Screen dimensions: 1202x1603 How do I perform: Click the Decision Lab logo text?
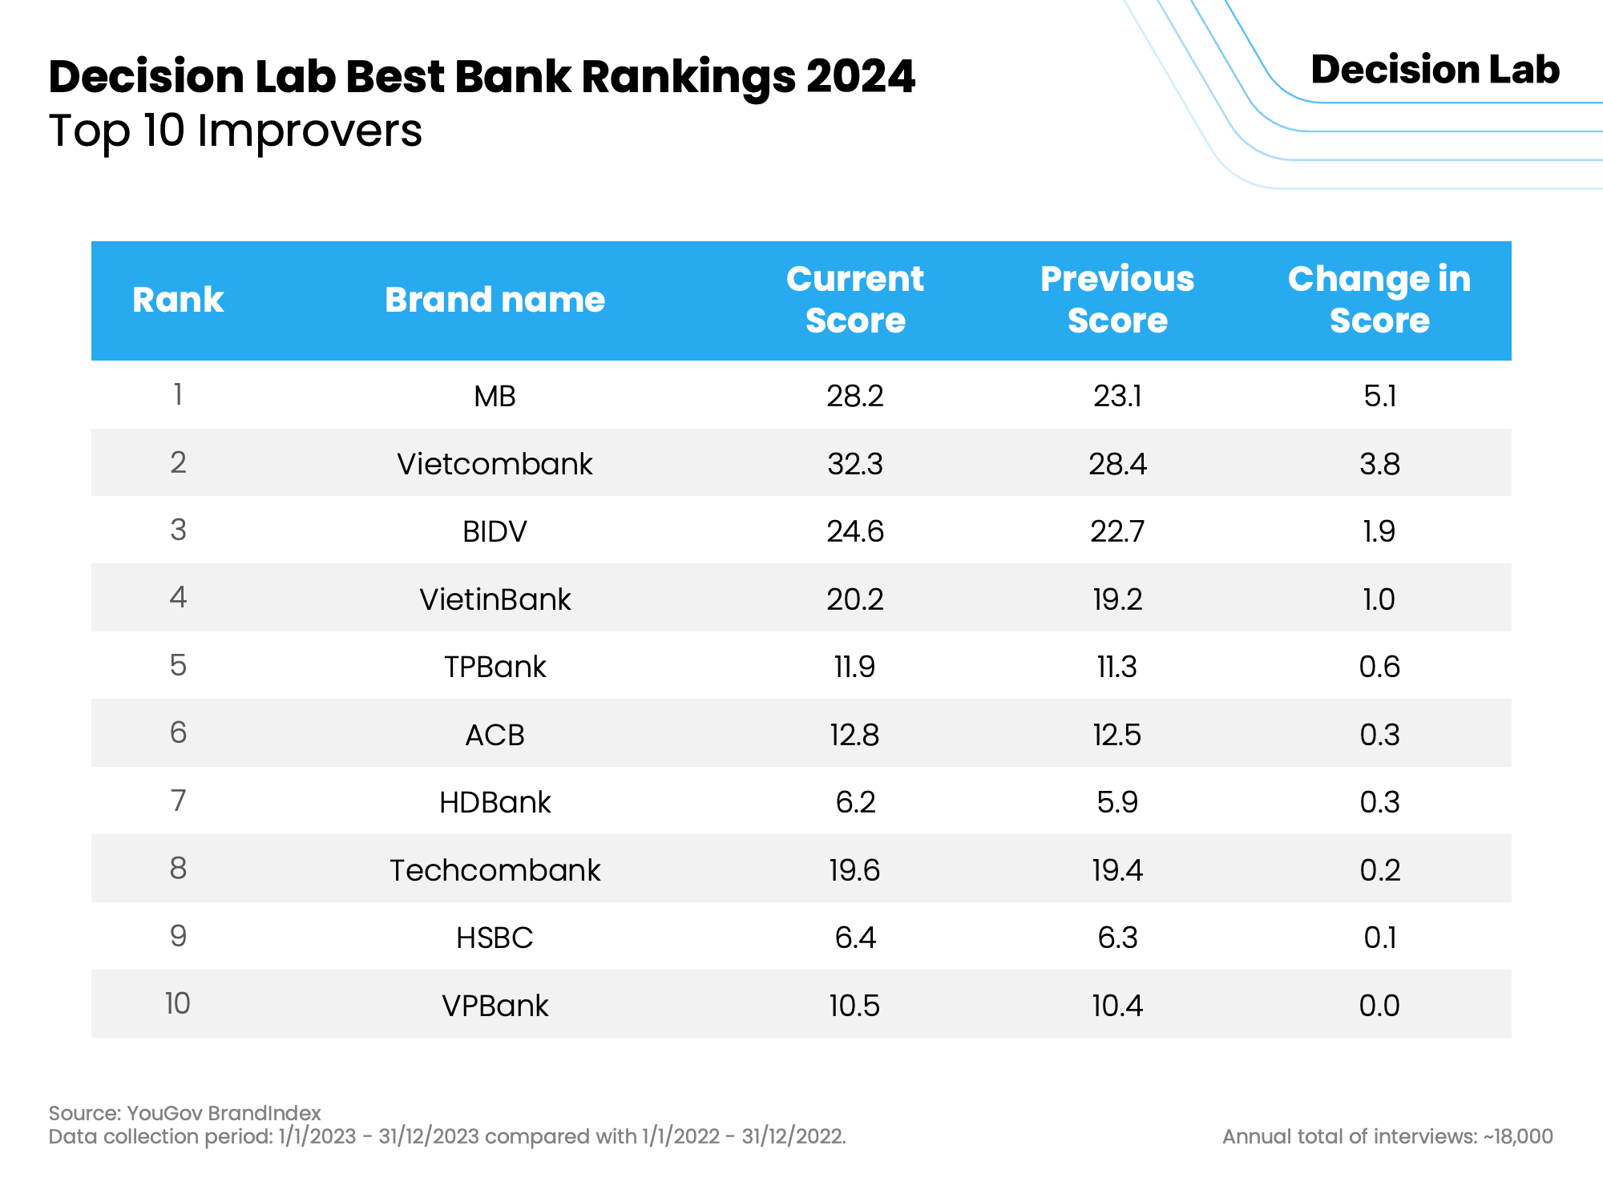click(1435, 70)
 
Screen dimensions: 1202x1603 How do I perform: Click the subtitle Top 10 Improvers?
click(235, 131)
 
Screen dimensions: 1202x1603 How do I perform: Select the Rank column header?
click(178, 300)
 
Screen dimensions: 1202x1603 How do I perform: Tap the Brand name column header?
click(495, 300)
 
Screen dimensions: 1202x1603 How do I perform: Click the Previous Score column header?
click(1116, 300)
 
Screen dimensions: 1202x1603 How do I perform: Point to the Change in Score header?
click(1379, 300)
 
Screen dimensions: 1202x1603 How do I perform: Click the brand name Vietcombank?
click(495, 464)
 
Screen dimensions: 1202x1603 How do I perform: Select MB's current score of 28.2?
click(854, 396)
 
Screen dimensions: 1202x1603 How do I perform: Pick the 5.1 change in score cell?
click(1379, 396)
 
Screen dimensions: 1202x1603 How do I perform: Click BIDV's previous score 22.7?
click(1116, 531)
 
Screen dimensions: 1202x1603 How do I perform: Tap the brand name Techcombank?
click(495, 870)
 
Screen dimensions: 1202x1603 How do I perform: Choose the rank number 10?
click(178, 1004)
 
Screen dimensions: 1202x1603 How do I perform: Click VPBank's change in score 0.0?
click(1379, 1006)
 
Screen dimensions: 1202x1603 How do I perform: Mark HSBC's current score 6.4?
click(854, 938)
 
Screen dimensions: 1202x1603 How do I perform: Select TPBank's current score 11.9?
click(854, 667)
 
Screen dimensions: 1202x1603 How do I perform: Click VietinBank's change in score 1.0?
click(1379, 599)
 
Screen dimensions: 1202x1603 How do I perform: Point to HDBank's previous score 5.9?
click(1116, 802)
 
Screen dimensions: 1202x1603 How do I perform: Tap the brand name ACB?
click(495, 735)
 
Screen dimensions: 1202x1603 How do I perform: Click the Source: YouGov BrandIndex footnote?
click(184, 1113)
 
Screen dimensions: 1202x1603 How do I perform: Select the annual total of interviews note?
click(1387, 1136)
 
